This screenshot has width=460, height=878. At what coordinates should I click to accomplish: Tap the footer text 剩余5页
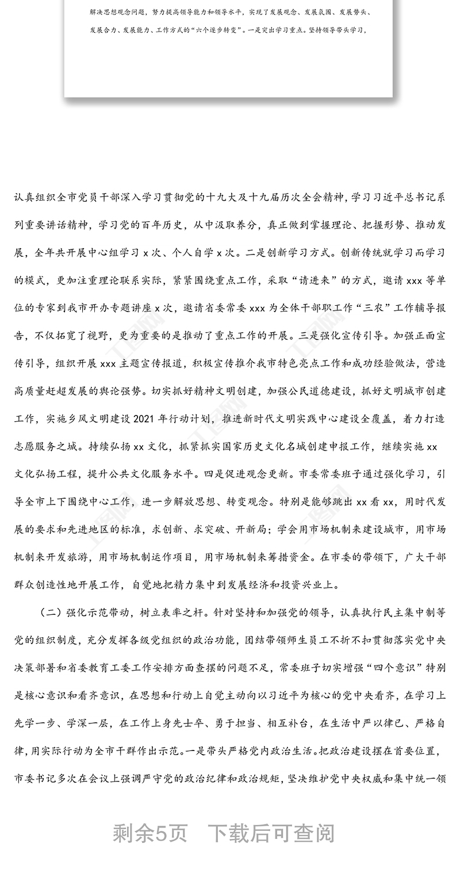(149, 833)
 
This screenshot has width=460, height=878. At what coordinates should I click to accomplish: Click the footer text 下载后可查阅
(271, 833)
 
